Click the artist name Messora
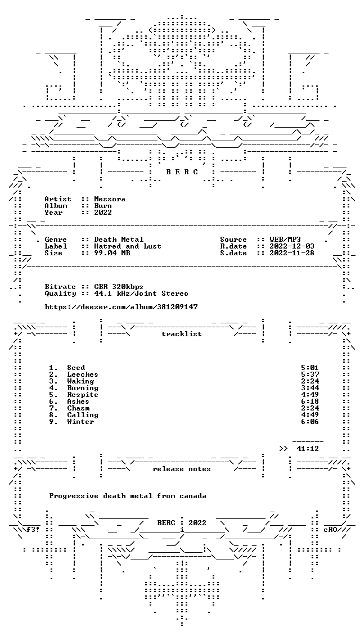[110, 199]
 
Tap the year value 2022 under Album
[103, 212]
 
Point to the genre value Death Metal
[119, 240]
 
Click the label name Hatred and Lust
[128, 246]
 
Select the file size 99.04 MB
[112, 253]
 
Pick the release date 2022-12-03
[292, 246]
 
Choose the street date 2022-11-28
[292, 253]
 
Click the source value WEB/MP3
[286, 240]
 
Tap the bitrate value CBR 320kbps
[119, 287]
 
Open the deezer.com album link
[121, 306]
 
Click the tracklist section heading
[182, 334]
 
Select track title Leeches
[83, 374]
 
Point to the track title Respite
[83, 395]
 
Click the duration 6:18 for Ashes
[310, 401]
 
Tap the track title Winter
[80, 422]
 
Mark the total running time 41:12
[308, 449]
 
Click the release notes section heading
[182, 469]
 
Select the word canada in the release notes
[193, 496]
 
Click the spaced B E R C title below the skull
[182, 172]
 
